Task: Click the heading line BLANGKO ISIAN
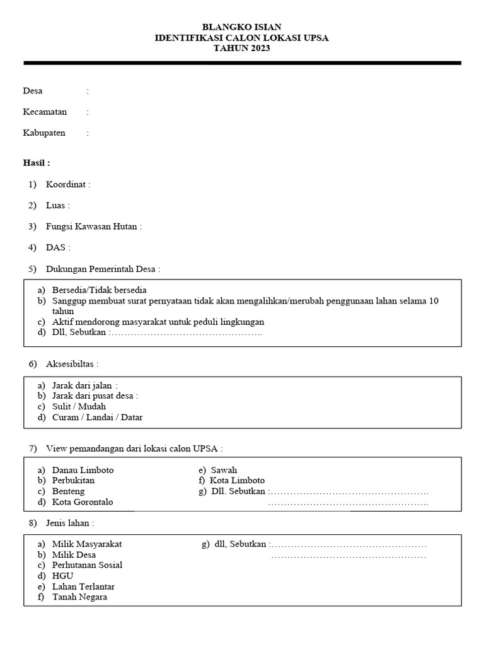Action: pos(241,27)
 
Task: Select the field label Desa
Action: pos(33,91)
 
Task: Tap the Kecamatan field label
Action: pos(45,112)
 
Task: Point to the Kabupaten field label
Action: pos(44,133)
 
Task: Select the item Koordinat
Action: pos(67,184)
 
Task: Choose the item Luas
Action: pos(57,206)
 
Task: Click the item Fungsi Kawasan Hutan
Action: pos(93,226)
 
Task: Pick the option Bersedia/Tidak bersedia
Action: pos(100,290)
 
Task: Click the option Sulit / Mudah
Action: pos(79,406)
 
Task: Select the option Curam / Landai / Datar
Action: pos(97,417)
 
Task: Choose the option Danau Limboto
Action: pos(83,470)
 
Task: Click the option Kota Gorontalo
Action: pos(83,502)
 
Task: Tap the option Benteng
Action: pos(68,491)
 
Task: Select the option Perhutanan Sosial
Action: pos(87,565)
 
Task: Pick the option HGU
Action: pos(62,576)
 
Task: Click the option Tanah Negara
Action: pos(79,597)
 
